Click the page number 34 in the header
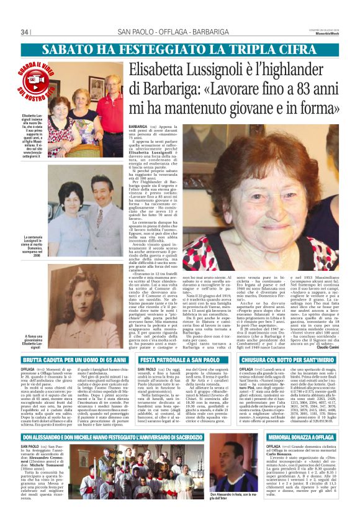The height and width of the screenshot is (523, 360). [25, 32]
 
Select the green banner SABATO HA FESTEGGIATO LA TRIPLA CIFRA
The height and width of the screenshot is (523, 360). [179, 49]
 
